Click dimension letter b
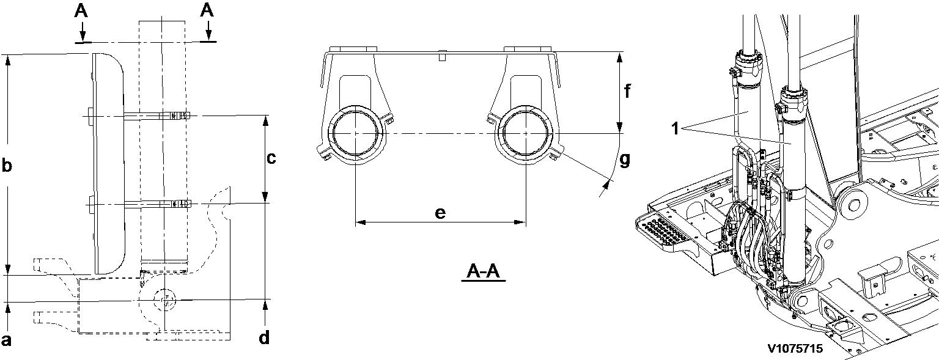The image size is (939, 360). pos(7,166)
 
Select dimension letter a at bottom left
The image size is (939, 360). pos(6,339)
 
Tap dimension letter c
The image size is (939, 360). pos(271,158)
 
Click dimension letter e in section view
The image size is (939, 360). pos(440,213)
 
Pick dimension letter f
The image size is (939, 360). pos(627,91)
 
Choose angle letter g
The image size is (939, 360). pos(625,160)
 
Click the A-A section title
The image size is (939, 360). pos(484,271)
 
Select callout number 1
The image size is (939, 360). pos(674,129)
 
